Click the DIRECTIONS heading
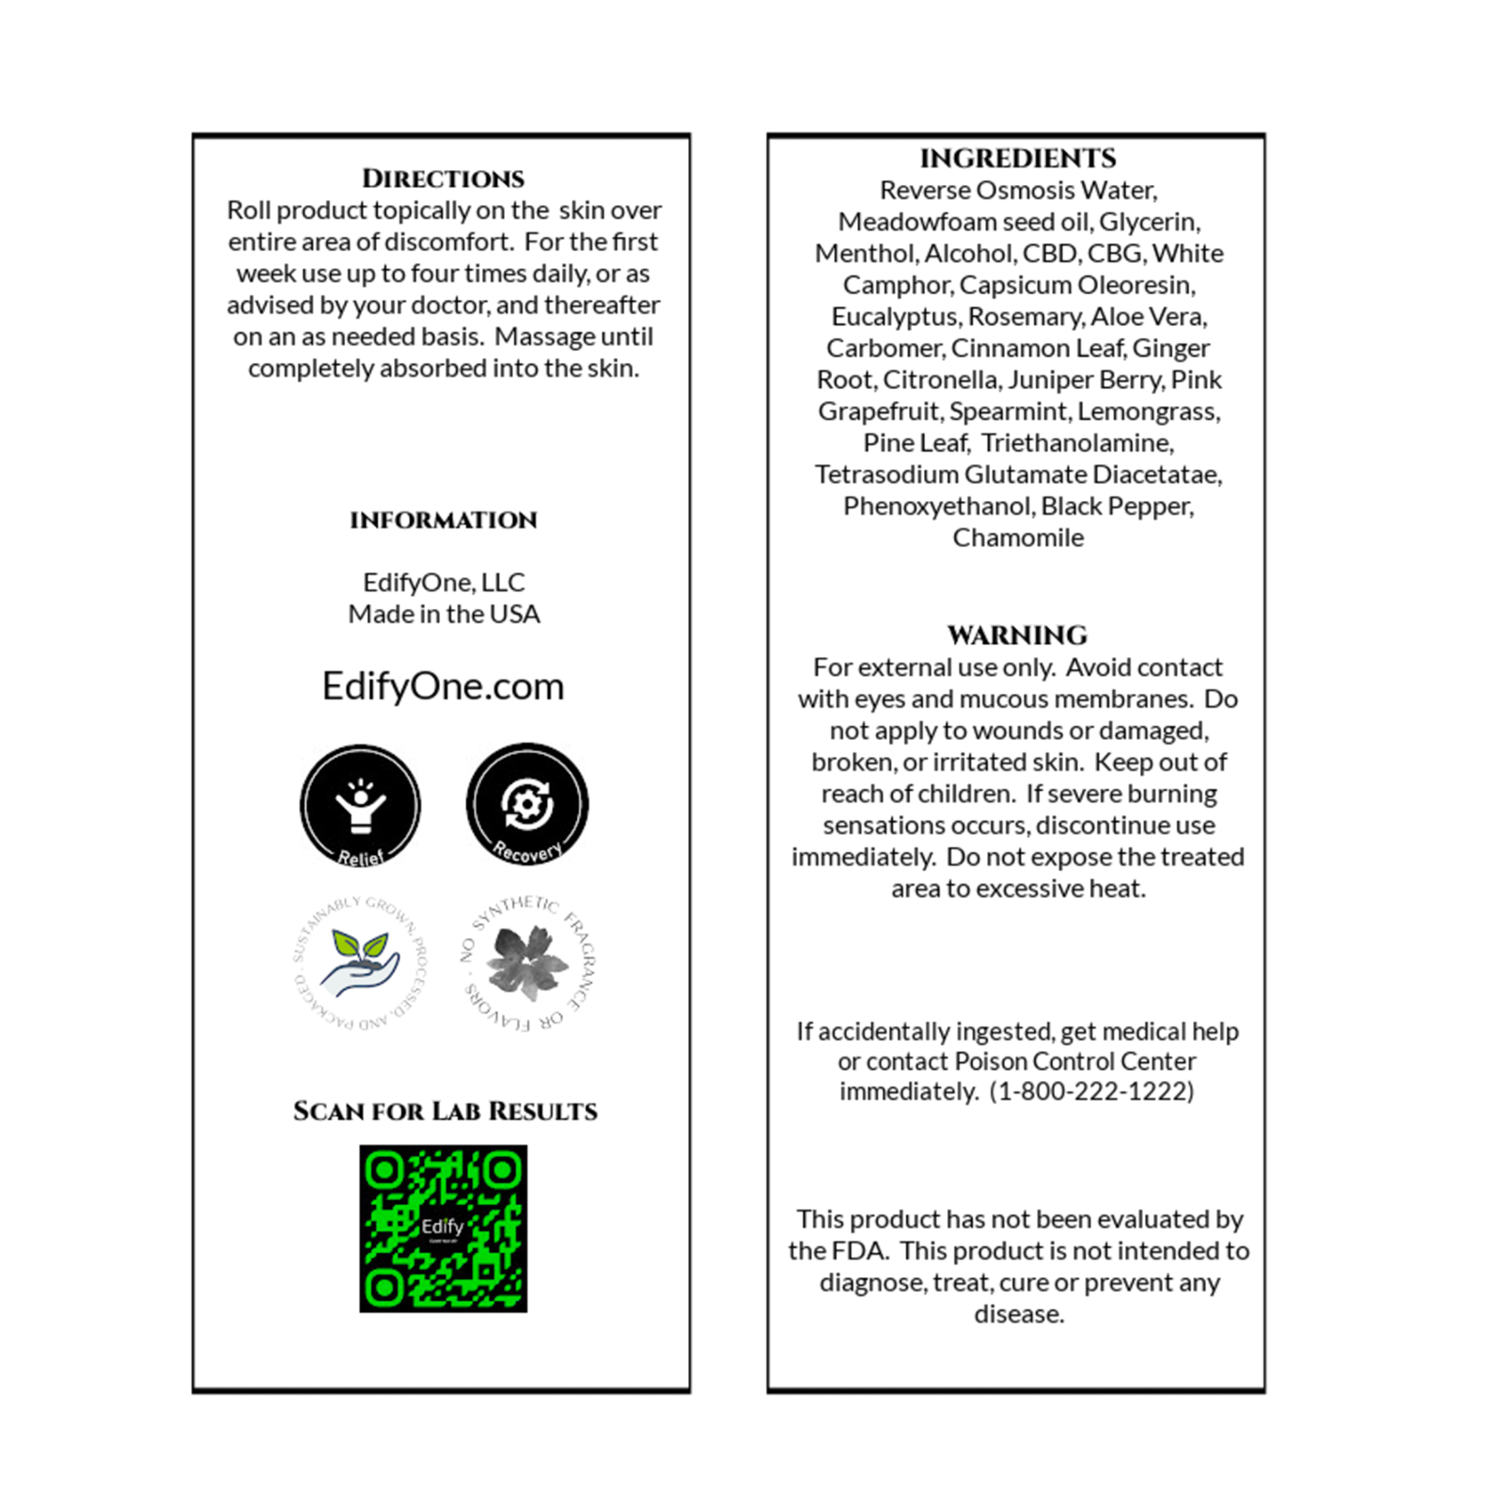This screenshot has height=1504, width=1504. [444, 179]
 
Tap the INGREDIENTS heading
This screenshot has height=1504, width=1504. [1018, 158]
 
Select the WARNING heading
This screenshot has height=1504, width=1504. [1017, 635]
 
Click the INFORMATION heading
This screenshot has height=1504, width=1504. [444, 520]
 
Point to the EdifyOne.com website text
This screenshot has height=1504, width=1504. [443, 686]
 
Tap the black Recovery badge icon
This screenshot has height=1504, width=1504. [527, 804]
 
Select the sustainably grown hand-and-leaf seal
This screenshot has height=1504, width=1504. [359, 963]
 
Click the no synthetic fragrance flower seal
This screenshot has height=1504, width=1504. [527, 963]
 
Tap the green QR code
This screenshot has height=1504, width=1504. [443, 1228]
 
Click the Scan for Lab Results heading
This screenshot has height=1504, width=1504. [445, 1111]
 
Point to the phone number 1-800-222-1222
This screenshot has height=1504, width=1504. [1091, 1091]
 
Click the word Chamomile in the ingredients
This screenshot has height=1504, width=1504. [1018, 538]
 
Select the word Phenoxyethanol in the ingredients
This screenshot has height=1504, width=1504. [937, 507]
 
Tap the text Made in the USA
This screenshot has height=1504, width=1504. [444, 614]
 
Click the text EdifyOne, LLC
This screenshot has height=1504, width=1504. [444, 583]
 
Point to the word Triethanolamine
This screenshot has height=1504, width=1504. [1077, 443]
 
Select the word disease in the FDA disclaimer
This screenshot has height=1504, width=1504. [1018, 1314]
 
